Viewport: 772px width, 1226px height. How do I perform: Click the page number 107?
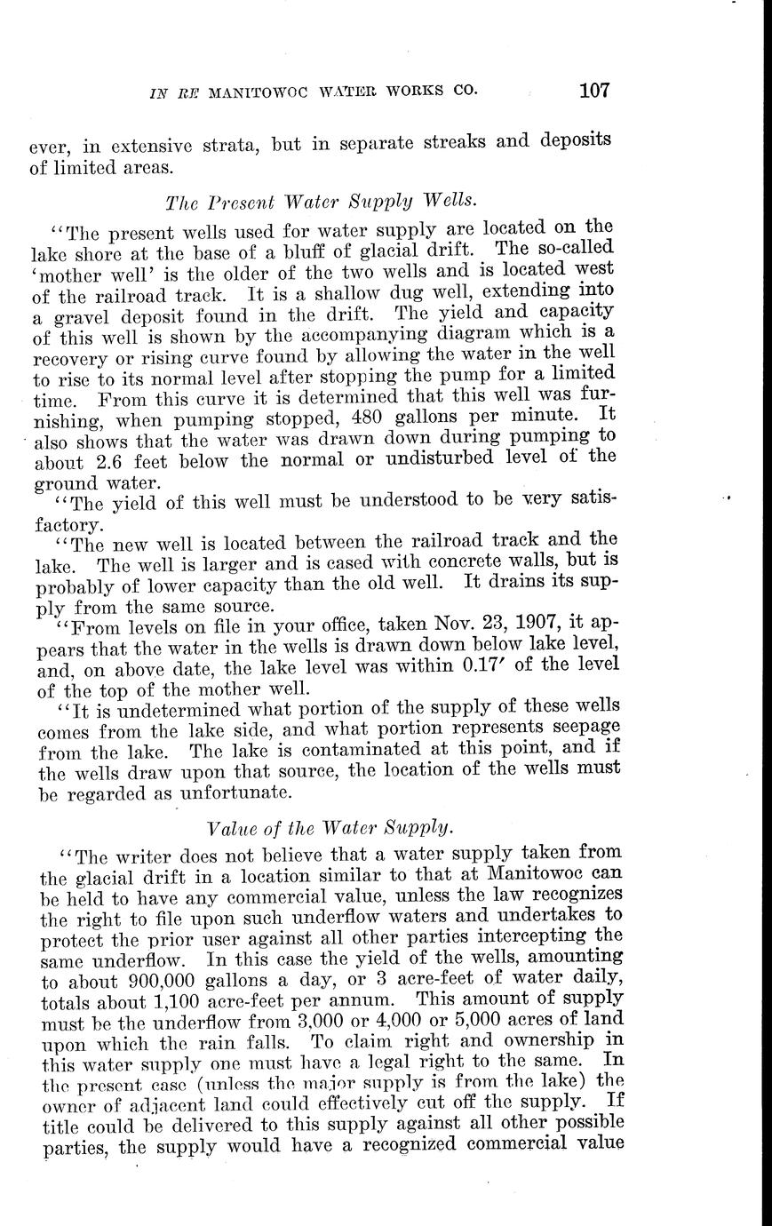pos(593,90)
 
